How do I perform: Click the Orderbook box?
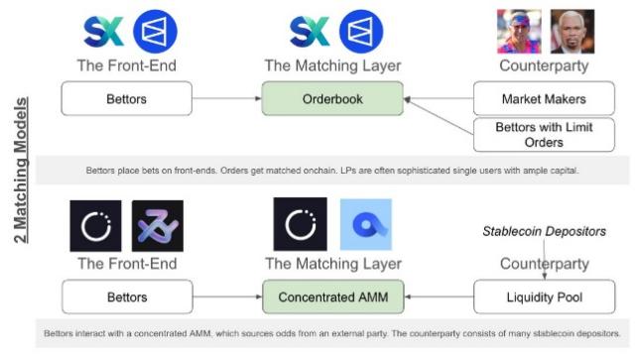point(332,99)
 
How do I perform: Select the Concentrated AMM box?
point(332,297)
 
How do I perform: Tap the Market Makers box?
point(543,99)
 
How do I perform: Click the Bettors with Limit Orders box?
point(543,134)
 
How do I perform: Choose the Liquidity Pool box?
point(543,297)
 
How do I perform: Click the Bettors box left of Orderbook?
point(126,99)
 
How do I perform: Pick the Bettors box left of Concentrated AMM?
point(126,297)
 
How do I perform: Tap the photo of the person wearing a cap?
point(519,31)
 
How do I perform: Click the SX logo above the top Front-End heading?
point(104,30)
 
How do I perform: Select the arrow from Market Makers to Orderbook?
point(438,99)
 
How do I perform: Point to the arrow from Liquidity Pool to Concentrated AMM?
point(438,297)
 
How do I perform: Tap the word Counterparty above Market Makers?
point(543,65)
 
